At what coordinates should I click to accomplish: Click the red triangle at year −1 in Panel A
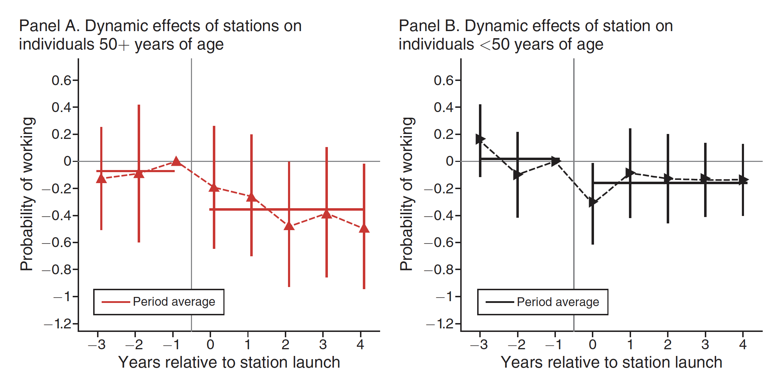(x=176, y=162)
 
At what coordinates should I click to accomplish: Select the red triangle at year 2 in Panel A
(x=289, y=226)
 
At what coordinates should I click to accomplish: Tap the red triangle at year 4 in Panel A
(x=364, y=228)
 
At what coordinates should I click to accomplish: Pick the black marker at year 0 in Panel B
(x=593, y=203)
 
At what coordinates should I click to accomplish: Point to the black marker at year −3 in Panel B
(x=480, y=139)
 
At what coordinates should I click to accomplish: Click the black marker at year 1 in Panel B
(x=630, y=173)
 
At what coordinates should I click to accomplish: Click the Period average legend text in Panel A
(x=174, y=302)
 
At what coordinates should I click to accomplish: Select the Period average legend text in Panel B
(x=558, y=302)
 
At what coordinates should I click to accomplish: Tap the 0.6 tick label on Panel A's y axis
(x=61, y=81)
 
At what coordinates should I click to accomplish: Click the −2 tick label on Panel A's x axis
(x=134, y=344)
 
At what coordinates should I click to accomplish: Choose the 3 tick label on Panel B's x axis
(x=705, y=344)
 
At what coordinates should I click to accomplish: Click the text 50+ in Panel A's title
(x=114, y=45)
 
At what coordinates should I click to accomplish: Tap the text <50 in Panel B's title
(x=495, y=45)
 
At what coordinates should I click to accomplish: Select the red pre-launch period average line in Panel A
(x=155, y=171)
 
